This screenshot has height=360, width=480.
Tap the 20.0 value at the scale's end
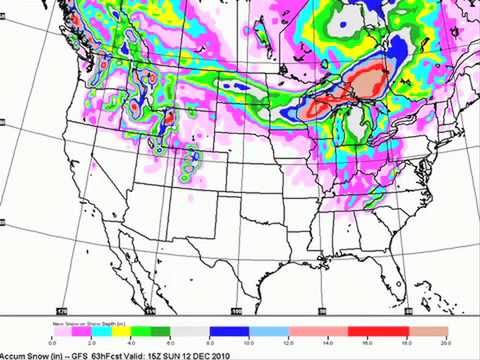[445, 340]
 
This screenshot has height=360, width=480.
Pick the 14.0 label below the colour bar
[328, 340]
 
